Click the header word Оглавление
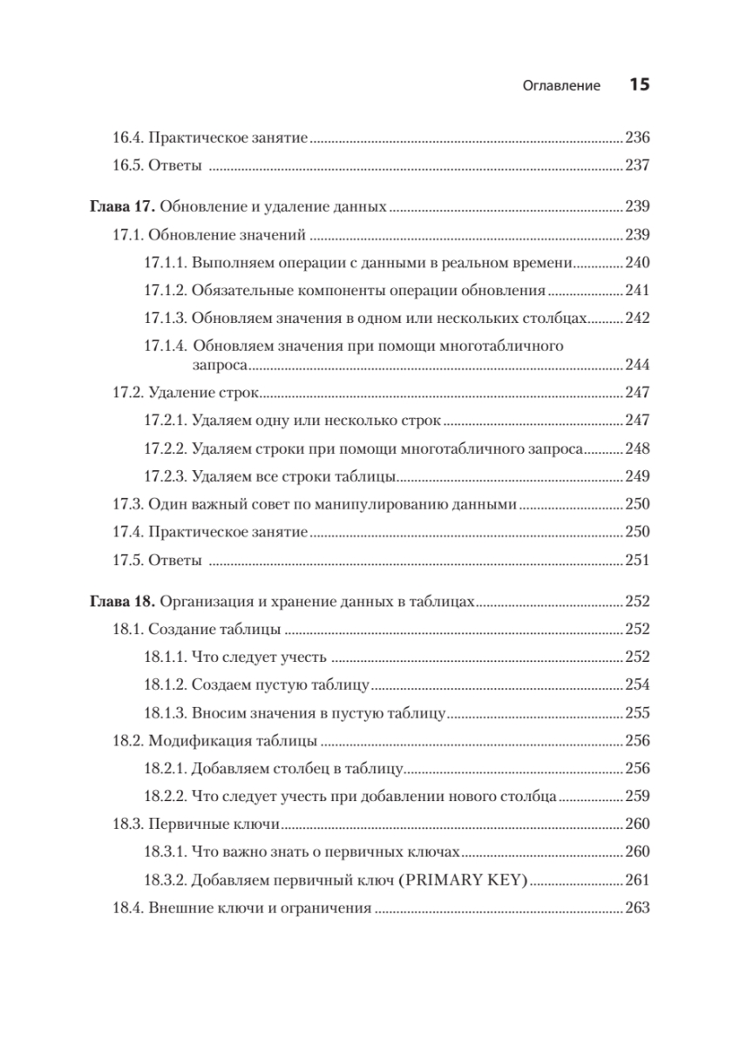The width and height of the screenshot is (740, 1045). [x=561, y=85]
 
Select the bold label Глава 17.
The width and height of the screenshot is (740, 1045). [x=123, y=208]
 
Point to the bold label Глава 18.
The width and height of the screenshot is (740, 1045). [x=123, y=601]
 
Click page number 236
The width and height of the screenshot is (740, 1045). [x=638, y=138]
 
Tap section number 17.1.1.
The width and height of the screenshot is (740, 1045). [x=164, y=263]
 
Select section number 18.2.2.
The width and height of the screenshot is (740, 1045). [x=164, y=796]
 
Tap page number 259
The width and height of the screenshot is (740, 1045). [x=638, y=796]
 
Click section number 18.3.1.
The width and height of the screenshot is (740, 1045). [x=164, y=853]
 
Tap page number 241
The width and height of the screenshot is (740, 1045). [x=638, y=291]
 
